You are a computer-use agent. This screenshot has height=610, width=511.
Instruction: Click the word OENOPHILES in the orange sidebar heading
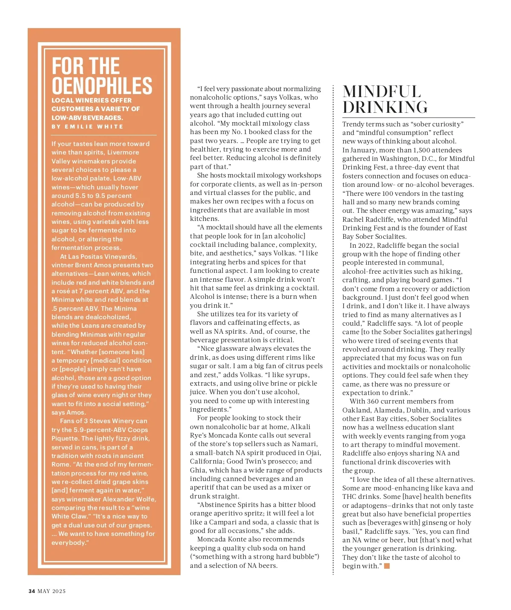point(102,86)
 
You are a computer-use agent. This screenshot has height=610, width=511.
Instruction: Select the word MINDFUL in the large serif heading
point(382,92)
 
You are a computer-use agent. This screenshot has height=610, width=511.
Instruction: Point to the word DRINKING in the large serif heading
point(385,107)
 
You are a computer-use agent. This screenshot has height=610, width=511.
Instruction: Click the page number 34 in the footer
point(32,591)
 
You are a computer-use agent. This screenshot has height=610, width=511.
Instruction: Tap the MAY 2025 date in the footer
point(52,591)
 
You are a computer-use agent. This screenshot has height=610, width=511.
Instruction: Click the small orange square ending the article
point(387,566)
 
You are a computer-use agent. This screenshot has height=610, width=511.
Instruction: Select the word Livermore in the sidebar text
point(123,152)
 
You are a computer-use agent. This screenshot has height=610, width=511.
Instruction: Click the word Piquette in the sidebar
point(65,438)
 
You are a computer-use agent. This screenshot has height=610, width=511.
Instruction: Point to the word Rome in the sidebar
point(60,464)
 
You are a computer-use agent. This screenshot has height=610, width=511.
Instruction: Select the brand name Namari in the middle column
point(304,444)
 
